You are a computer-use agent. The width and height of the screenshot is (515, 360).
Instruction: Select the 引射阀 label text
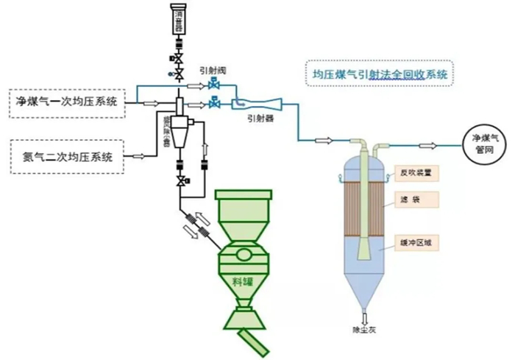click(x=212, y=71)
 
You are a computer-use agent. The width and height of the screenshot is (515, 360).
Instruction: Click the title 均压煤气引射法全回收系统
click(x=379, y=74)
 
